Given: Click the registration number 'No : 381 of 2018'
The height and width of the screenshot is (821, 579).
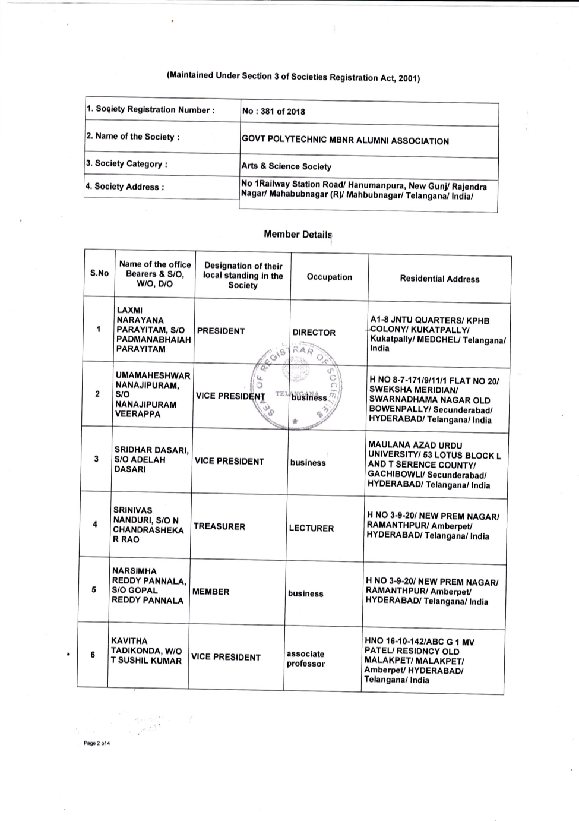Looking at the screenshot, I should click(x=273, y=112).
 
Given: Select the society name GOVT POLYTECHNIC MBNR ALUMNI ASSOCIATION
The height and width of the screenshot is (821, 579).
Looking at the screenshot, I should click(x=345, y=141).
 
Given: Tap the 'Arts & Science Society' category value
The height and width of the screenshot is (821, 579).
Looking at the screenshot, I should click(x=286, y=166).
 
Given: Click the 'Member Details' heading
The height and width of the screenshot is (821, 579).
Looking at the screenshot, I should click(x=297, y=235).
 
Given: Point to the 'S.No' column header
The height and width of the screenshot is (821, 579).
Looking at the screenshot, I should click(x=99, y=273).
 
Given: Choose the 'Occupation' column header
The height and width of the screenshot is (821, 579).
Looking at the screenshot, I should click(x=329, y=277).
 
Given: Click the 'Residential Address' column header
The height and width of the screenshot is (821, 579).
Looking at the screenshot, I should click(x=439, y=279).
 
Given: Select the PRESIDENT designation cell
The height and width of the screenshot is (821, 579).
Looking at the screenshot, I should click(x=221, y=331).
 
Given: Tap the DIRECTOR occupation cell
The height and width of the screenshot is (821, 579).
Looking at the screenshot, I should click(x=314, y=333).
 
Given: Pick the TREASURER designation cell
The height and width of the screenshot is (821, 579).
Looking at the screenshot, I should click(x=219, y=526).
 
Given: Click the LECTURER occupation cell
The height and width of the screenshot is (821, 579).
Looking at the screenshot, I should click(x=311, y=528).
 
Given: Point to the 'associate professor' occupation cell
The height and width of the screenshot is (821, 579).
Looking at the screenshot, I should click(x=305, y=659).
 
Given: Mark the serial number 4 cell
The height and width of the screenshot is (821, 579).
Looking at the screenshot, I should click(x=95, y=524).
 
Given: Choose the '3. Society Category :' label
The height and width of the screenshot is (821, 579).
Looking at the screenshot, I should click(x=126, y=163).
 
